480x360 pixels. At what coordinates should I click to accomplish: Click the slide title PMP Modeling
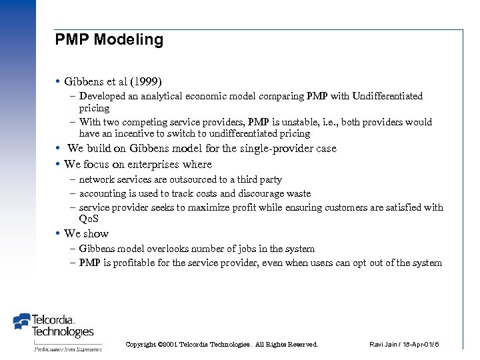(x=109, y=39)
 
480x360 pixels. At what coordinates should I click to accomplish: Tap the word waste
(x=297, y=193)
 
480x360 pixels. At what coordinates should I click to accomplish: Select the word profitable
(x=139, y=263)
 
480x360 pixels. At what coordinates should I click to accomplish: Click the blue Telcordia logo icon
(x=22, y=323)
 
